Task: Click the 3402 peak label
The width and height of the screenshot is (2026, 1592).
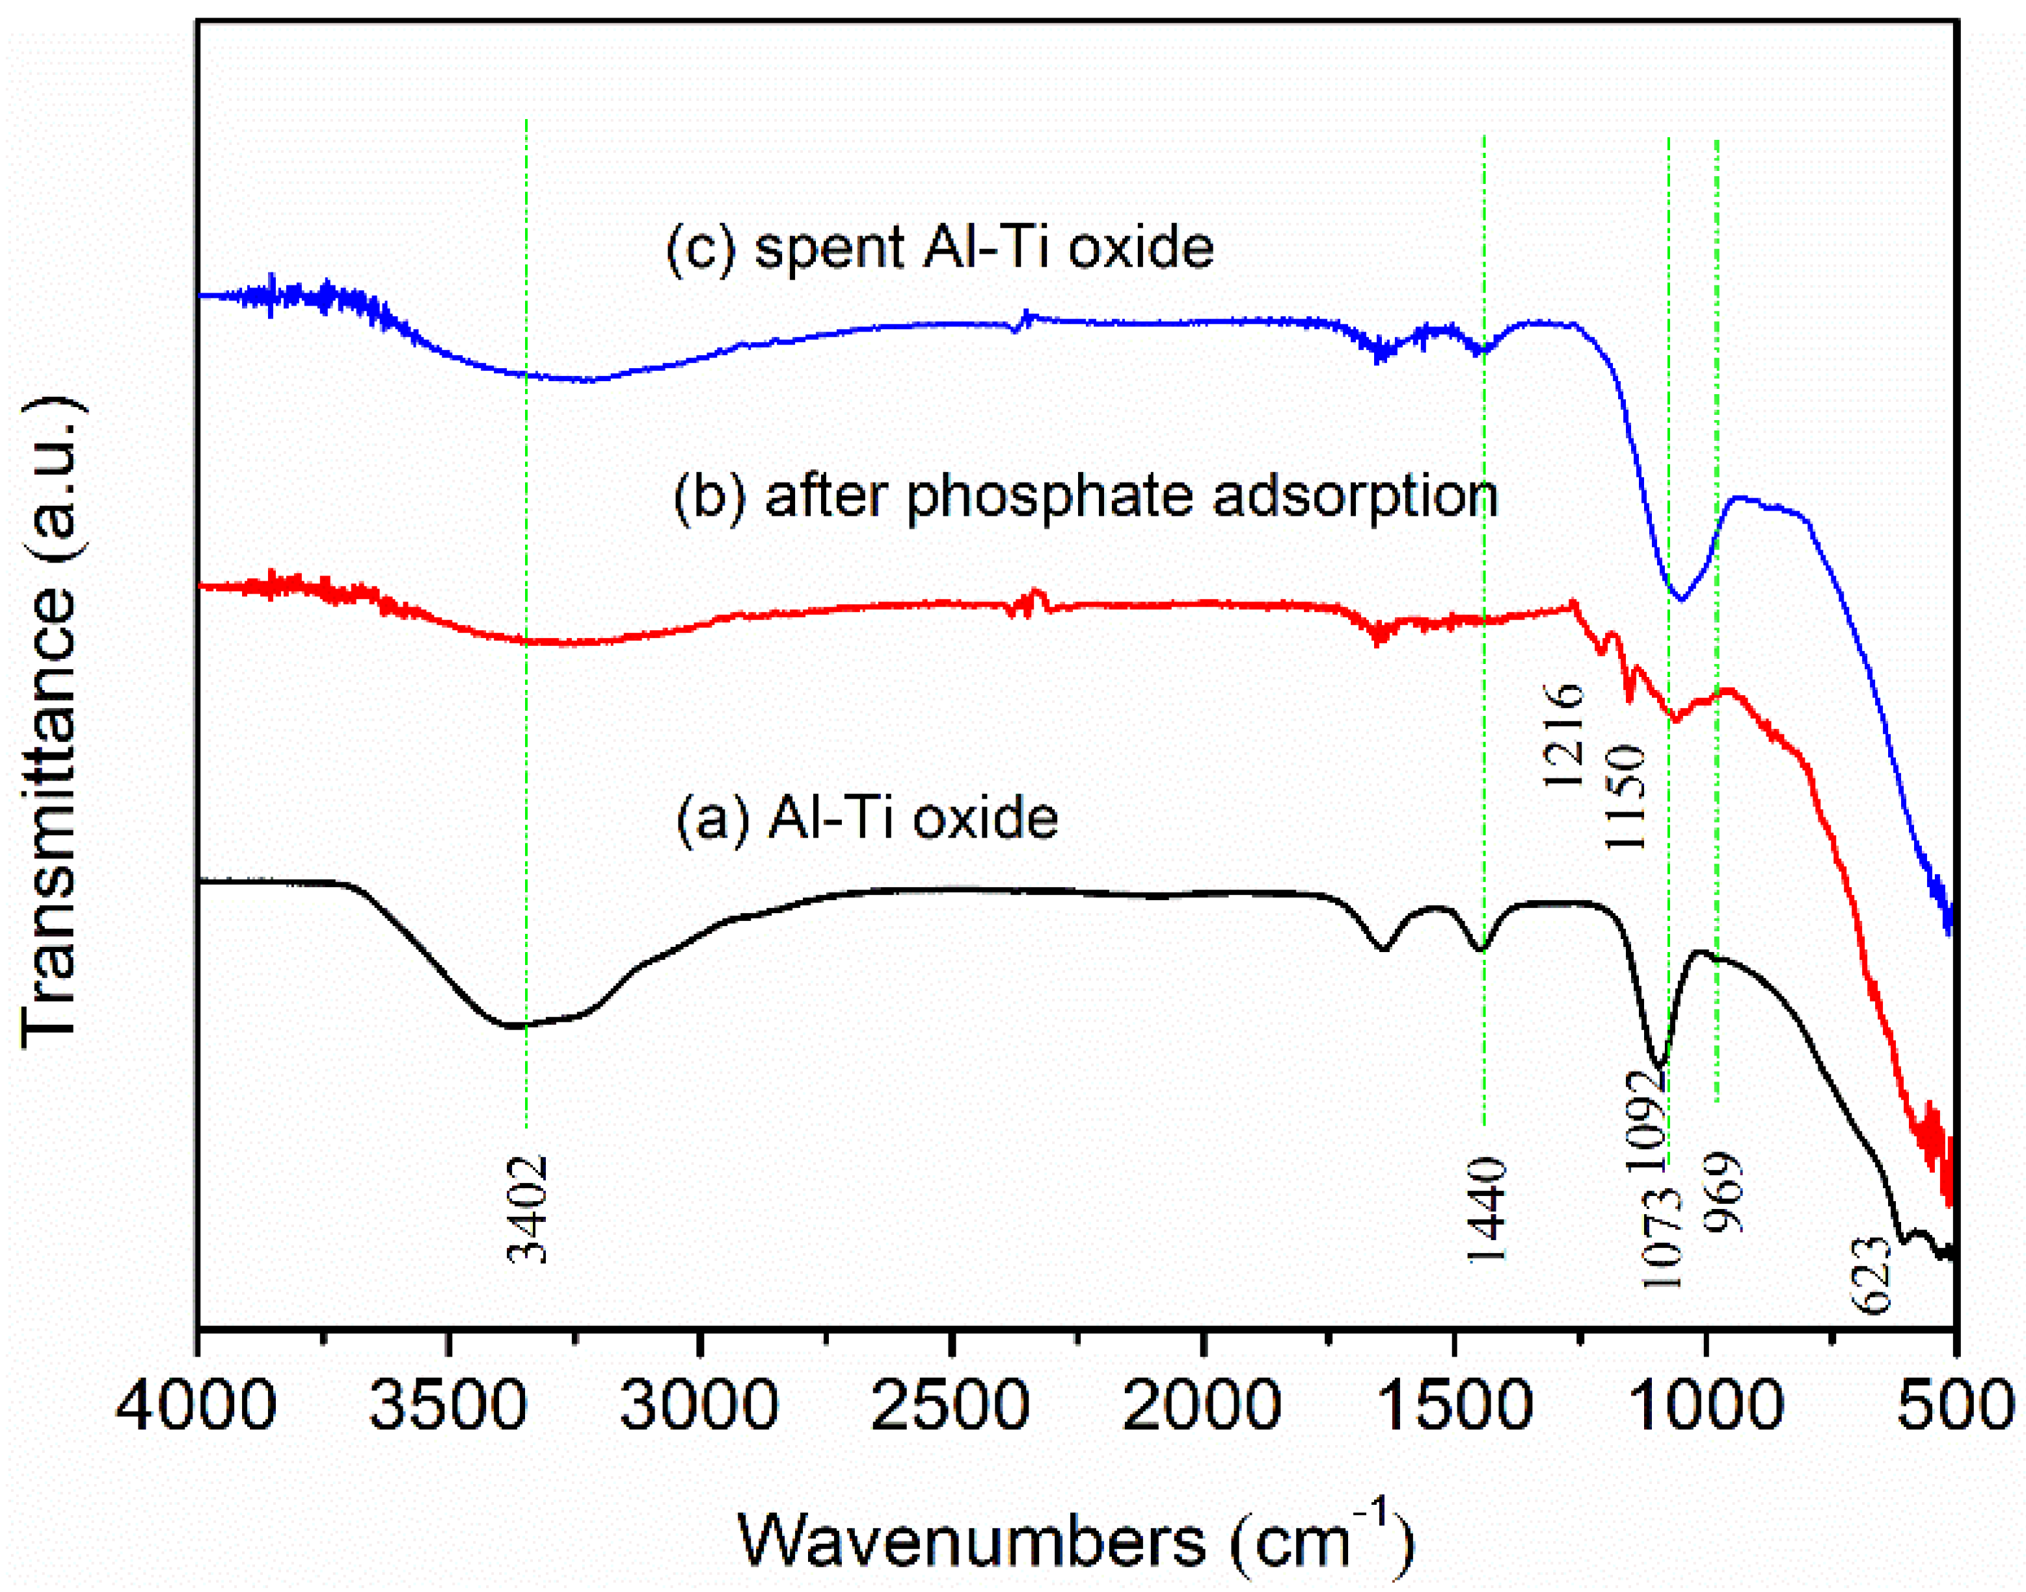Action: pos(528,1209)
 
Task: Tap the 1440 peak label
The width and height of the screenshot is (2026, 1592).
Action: pos(1486,1209)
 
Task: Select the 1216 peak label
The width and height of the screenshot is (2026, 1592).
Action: pos(1563,734)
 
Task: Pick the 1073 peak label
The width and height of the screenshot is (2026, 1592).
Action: pos(1662,1237)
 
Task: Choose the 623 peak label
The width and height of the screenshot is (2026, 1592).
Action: pos(1871,1274)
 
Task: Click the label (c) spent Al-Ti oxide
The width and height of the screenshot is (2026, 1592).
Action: pos(939,247)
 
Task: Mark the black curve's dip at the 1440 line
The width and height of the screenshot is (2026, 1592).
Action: pos(1481,949)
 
